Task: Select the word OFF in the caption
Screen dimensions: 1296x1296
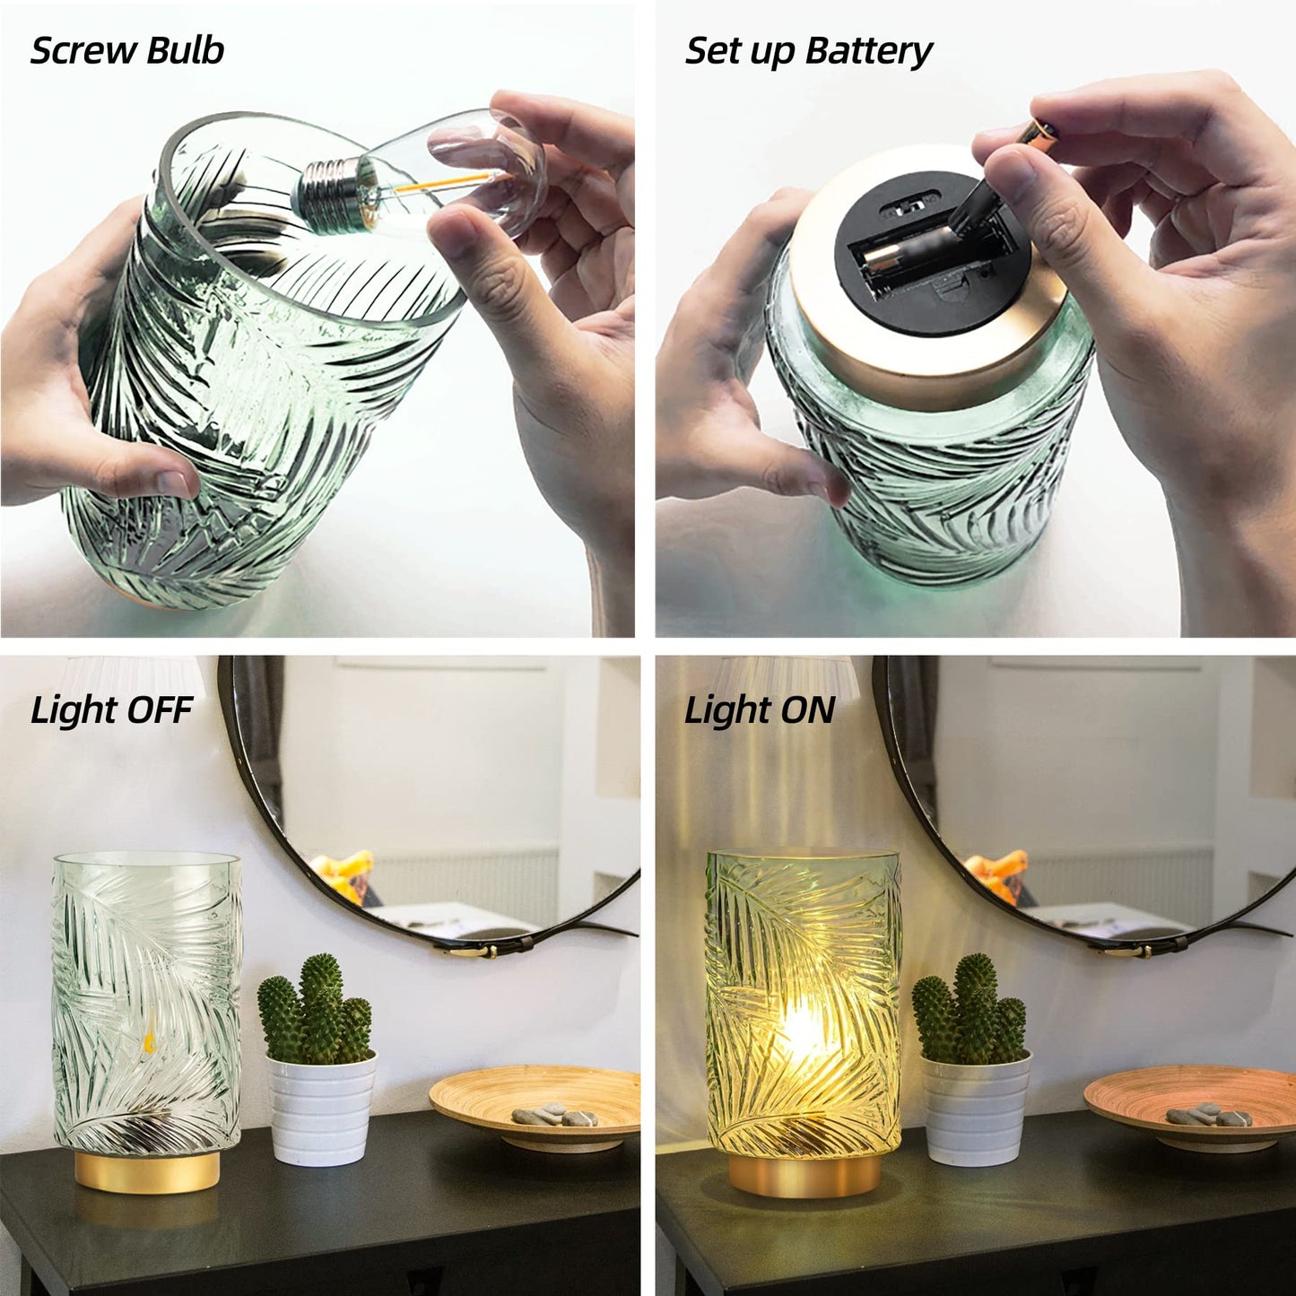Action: pos(161,710)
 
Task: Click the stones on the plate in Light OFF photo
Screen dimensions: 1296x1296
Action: pos(553,1116)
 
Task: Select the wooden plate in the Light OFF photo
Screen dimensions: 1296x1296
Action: pos(538,1099)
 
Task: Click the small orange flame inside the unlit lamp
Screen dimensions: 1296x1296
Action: pos(149,1020)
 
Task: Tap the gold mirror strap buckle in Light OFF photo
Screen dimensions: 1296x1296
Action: pos(474,948)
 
